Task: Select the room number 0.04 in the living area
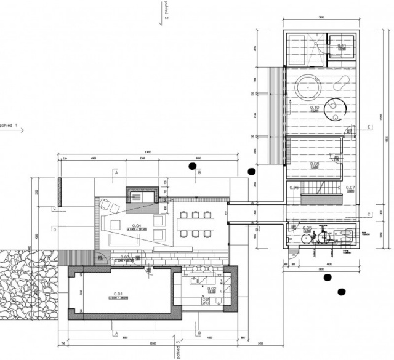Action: pos(137,226)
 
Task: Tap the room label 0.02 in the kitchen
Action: pos(211,288)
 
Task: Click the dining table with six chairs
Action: pos(195,223)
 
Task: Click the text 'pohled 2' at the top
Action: pos(166,10)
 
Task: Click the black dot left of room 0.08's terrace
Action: pos(251,171)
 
